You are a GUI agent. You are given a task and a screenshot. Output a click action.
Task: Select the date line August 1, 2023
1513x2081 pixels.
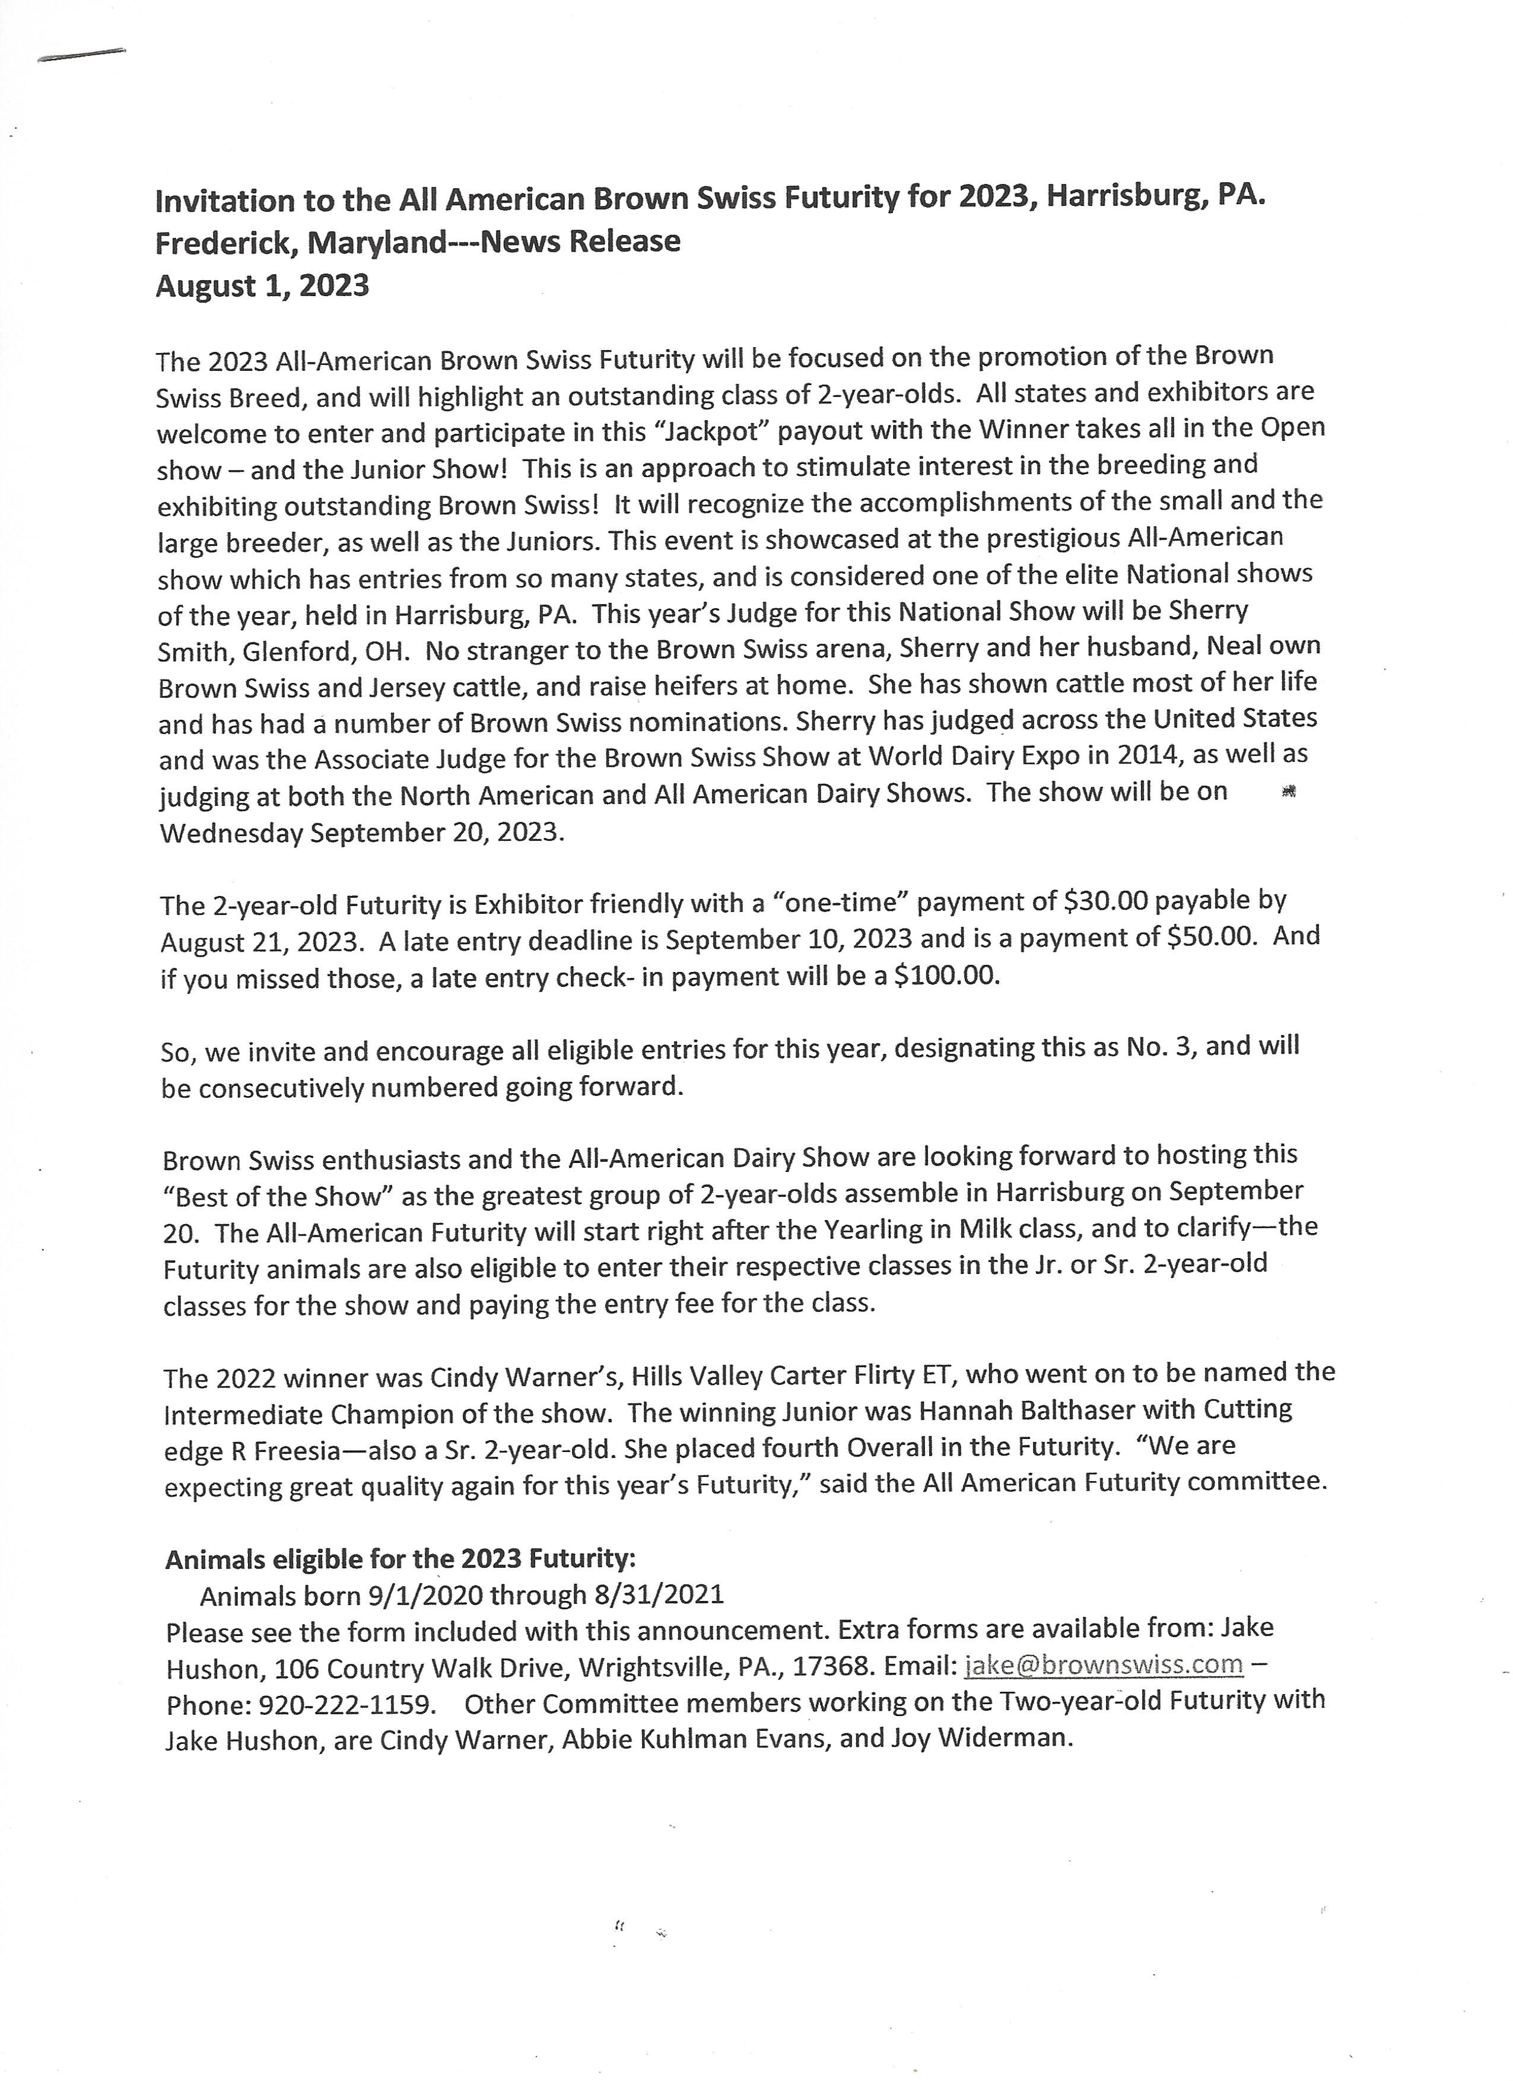pyautogui.click(x=262, y=286)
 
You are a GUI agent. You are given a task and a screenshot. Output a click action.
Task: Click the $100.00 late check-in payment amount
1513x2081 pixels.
pyautogui.click(x=945, y=976)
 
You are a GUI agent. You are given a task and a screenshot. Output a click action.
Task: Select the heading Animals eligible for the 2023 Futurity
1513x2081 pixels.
pyautogui.click(x=400, y=1559)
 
